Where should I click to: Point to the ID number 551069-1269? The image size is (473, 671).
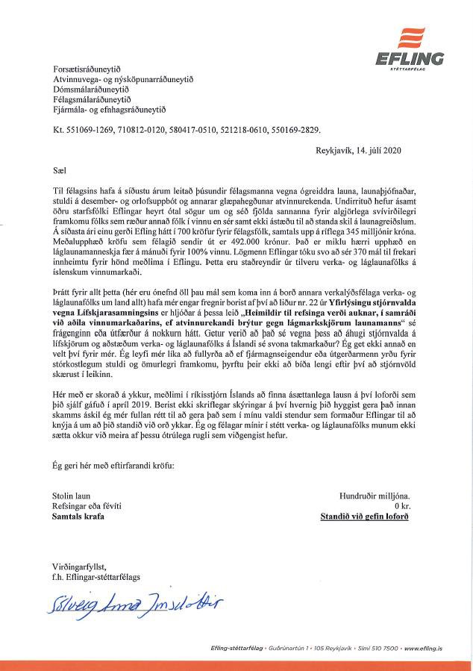point(90,130)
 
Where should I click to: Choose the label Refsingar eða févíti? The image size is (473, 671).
point(87,505)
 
